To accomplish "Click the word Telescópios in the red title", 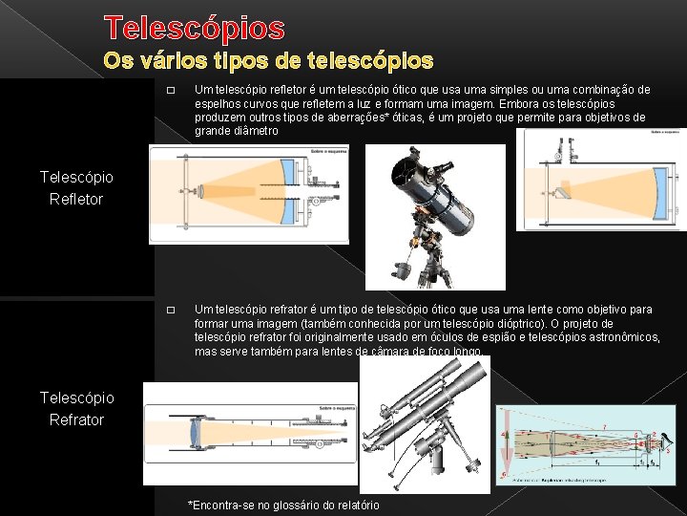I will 195,27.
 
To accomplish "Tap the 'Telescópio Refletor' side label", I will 76,187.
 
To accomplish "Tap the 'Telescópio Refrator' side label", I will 76,408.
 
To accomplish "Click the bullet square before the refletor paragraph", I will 170,91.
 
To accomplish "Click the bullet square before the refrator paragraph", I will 170,311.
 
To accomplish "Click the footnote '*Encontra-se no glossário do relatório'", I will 283,505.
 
